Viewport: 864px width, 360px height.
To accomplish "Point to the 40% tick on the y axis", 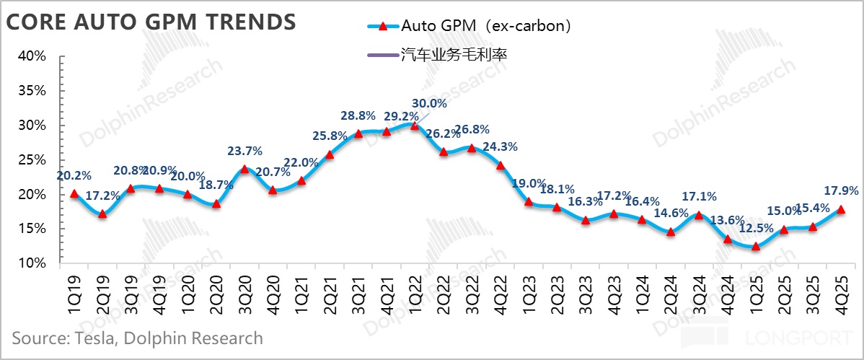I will pyautogui.click(x=31, y=56).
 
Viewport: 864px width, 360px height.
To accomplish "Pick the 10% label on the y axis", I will pyautogui.click(x=31, y=263).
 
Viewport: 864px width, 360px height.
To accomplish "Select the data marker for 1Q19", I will pyautogui.click(x=74, y=193).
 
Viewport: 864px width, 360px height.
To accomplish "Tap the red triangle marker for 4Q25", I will pyautogui.click(x=841, y=209).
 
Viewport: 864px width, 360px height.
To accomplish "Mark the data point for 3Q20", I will pyautogui.click(x=244, y=169).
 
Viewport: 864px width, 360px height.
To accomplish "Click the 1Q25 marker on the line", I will pyautogui.click(x=756, y=246).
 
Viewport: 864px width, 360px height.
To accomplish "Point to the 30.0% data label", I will pyautogui.click(x=429, y=103).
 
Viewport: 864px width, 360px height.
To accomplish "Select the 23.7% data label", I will pyautogui.click(x=245, y=151).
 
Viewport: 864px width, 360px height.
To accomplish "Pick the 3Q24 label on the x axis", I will pyautogui.click(x=699, y=292).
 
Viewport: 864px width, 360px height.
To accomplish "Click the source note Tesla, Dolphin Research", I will pyautogui.click(x=137, y=338).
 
